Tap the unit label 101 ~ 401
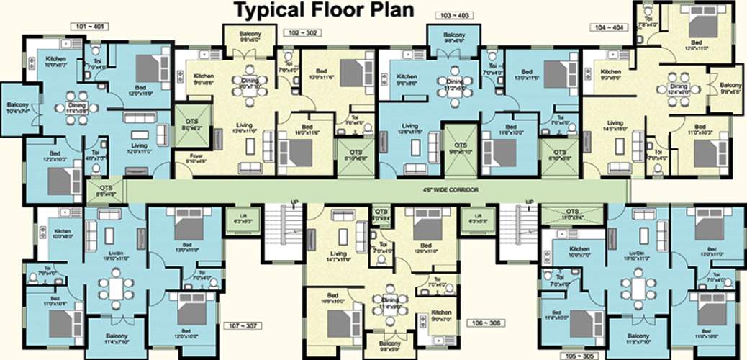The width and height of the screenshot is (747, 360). (90, 27)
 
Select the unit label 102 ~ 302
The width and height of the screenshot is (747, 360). (304, 33)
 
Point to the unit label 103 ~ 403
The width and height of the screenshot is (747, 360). (455, 14)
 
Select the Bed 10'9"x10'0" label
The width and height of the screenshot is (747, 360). (332, 298)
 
